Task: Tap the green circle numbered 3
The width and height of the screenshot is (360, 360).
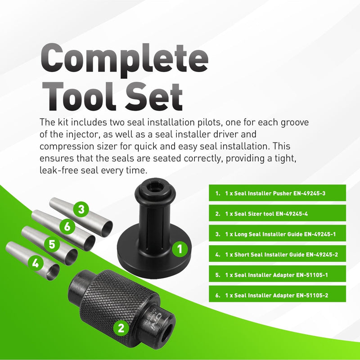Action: click(81, 209)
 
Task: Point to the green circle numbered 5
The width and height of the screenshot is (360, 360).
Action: click(52, 244)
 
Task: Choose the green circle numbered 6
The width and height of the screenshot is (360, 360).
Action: click(67, 226)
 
